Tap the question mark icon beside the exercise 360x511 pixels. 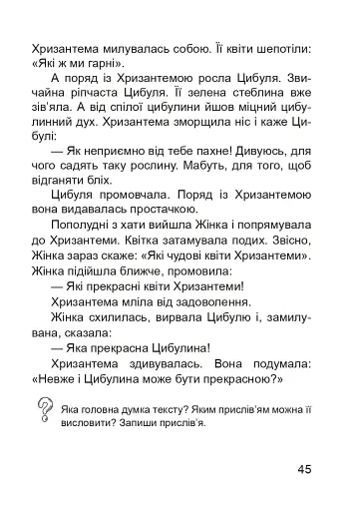pyautogui.click(x=44, y=406)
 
